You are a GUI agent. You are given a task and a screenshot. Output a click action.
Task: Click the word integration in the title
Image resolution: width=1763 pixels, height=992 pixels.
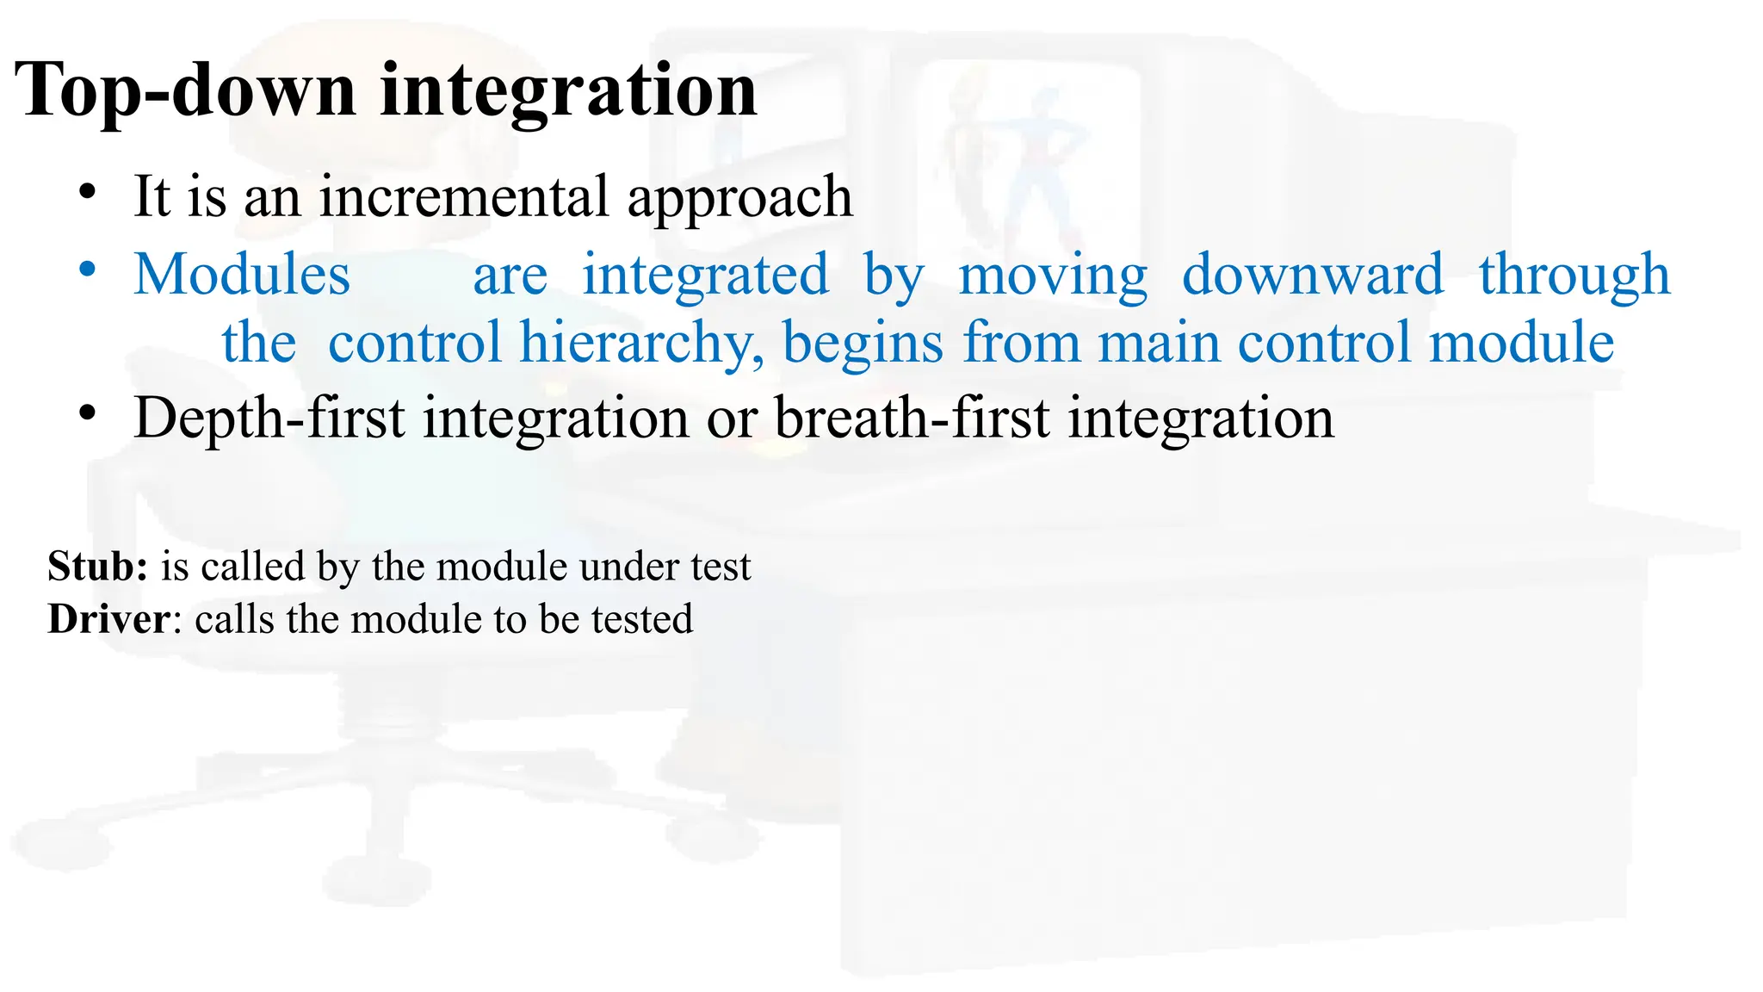pos(568,92)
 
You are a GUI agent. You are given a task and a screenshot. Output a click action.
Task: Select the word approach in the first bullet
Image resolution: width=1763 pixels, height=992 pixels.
pos(739,198)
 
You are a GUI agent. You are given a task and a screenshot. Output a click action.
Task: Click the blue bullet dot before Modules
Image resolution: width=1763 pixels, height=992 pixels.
pos(86,270)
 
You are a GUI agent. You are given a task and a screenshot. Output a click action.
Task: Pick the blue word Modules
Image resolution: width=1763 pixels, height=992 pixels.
pos(242,275)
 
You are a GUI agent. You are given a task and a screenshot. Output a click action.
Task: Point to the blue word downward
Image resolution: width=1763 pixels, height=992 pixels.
pos(1313,275)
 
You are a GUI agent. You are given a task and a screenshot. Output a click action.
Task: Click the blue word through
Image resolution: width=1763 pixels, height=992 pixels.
pos(1574,275)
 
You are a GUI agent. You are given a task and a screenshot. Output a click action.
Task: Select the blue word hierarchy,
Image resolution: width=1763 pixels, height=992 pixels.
pos(641,343)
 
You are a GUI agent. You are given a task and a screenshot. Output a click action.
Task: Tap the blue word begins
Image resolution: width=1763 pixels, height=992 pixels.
pos(863,343)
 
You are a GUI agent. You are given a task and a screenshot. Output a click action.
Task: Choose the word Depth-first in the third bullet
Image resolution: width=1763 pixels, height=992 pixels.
pos(269,418)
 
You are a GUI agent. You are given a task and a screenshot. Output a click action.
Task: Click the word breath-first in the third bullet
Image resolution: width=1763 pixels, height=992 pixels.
pos(912,418)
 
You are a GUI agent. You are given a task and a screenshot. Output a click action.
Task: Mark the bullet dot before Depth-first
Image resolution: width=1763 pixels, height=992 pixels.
pos(86,414)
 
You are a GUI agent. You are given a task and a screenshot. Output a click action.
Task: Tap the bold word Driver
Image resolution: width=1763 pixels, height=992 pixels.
pos(108,619)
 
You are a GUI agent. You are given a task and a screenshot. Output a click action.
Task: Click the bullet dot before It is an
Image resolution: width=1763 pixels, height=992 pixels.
pos(86,192)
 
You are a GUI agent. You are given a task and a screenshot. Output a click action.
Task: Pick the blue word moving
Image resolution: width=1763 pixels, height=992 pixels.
pos(1053,275)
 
